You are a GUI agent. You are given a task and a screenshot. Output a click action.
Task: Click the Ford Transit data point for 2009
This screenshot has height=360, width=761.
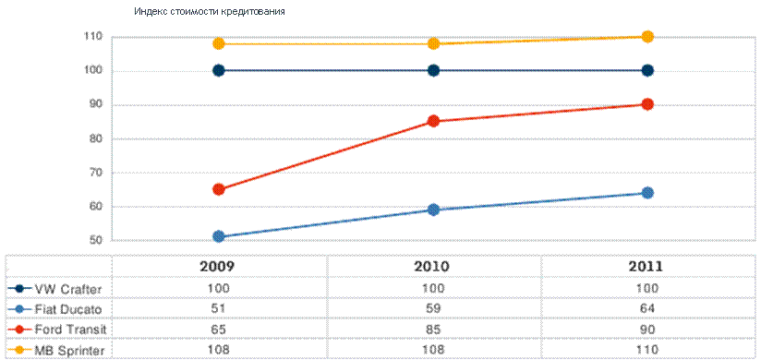click(219, 189)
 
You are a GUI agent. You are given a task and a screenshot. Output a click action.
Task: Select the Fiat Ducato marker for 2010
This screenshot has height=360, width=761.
click(434, 210)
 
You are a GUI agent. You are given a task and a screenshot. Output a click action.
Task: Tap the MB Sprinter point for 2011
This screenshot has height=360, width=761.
click(647, 36)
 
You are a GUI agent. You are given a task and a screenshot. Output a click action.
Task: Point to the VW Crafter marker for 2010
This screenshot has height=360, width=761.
click(434, 70)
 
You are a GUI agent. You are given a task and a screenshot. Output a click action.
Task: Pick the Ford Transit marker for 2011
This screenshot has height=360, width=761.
click(647, 103)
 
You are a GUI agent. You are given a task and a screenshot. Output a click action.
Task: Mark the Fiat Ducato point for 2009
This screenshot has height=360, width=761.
click(219, 236)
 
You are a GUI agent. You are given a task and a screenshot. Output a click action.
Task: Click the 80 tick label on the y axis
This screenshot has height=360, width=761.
click(94, 139)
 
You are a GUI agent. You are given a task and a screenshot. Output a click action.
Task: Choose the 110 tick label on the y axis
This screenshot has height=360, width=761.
click(92, 36)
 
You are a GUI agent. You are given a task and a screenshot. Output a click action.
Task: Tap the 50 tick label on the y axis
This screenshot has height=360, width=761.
click(94, 241)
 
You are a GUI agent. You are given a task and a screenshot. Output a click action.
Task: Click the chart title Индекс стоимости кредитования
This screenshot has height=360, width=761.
click(209, 12)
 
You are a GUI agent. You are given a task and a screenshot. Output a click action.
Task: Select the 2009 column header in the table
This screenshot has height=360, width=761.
click(218, 267)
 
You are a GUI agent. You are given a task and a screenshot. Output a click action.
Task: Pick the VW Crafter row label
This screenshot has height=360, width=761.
click(67, 289)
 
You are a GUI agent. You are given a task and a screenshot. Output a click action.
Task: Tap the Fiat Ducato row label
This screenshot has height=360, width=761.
click(67, 309)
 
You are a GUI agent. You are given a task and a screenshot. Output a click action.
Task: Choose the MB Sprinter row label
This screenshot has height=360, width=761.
click(69, 349)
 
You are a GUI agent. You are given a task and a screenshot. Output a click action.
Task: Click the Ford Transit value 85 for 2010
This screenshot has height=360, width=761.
click(434, 330)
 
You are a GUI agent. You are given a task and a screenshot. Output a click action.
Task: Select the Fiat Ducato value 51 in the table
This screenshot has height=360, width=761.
click(218, 309)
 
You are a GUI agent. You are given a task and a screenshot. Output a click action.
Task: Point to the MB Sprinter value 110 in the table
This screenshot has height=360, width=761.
click(647, 349)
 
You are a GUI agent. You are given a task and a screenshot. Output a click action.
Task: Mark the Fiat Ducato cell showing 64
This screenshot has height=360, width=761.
click(647, 309)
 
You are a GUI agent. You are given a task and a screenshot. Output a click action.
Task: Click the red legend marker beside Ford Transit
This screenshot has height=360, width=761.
click(20, 330)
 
